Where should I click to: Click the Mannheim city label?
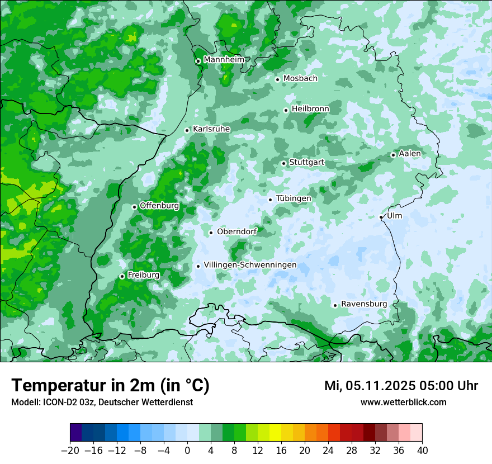pos(224,59)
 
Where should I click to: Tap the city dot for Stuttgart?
pos(283,163)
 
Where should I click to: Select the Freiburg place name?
pos(143,275)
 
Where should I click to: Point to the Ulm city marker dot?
pos(381,217)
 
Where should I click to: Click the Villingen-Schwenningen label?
pos(250,265)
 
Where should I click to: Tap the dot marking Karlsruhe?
pos(187,130)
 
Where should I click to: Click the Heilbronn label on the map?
pos(310,108)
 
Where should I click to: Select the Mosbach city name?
pos(300,78)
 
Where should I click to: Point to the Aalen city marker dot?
pos(393,155)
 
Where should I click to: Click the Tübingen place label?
pos(294,198)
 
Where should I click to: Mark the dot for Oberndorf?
pos(211,233)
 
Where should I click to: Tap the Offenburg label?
pos(159,205)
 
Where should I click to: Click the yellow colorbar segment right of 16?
pos(287,433)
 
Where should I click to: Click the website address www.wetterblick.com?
pos(403,402)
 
